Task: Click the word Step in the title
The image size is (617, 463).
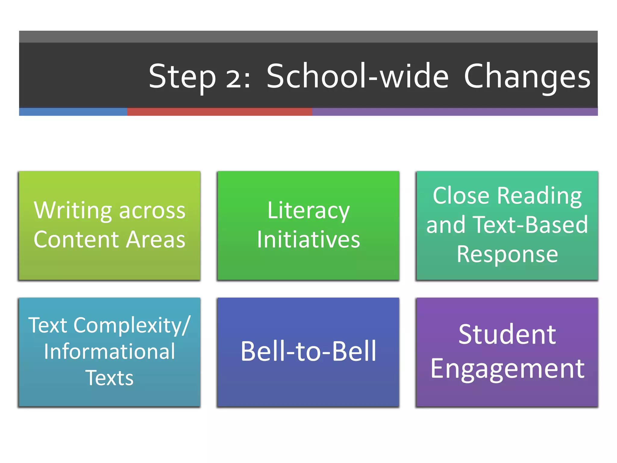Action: coord(182,77)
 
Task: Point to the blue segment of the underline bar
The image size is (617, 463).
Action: coord(73,112)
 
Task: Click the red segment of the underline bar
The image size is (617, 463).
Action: coord(219,112)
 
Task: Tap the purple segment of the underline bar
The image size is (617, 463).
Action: coord(455,112)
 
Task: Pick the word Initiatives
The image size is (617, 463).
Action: coord(308,240)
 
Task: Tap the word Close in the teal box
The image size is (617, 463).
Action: coord(461,196)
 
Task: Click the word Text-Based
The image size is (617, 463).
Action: coord(530,225)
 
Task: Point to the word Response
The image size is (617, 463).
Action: coord(507,254)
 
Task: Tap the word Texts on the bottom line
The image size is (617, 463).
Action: coord(109,378)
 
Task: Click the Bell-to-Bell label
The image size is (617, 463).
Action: coord(308,351)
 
